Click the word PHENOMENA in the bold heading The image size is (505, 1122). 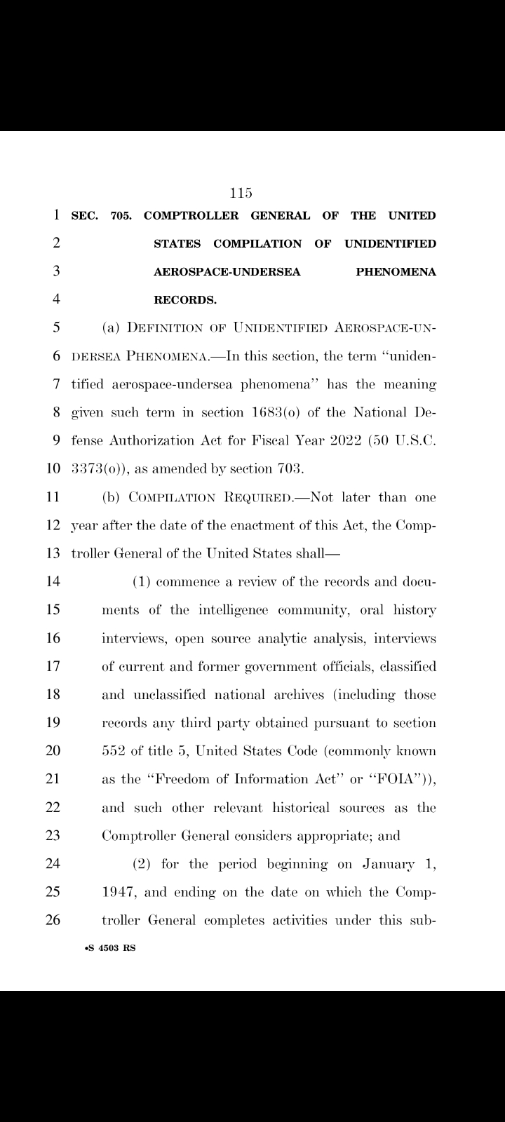coord(396,272)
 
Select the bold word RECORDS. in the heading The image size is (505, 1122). coord(185,300)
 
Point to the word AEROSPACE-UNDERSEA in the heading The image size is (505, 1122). coord(227,272)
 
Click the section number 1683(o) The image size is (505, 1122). coord(281,413)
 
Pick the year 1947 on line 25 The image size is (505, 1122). coord(116,892)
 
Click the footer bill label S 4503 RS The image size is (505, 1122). coord(110,948)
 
